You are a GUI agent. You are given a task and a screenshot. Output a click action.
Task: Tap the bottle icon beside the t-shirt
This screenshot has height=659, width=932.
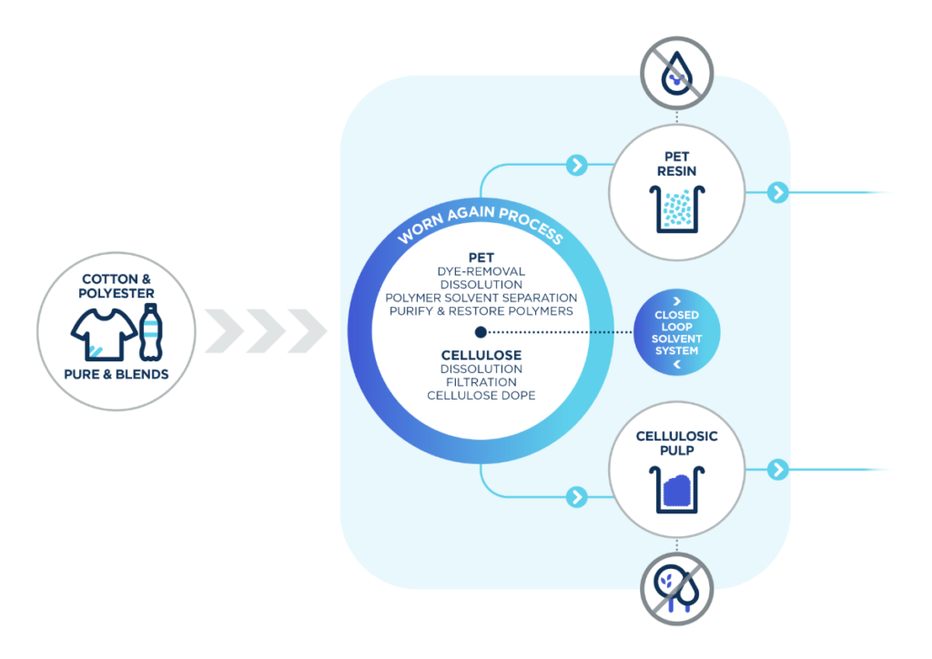click(149, 332)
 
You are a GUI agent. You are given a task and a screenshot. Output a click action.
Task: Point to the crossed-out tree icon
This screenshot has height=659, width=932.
click(677, 588)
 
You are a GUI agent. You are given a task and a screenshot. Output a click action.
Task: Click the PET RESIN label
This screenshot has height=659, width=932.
click(676, 163)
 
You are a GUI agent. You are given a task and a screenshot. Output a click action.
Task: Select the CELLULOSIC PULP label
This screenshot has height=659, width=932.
click(676, 443)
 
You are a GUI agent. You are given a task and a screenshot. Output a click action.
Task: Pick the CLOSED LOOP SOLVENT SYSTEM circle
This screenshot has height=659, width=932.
click(676, 332)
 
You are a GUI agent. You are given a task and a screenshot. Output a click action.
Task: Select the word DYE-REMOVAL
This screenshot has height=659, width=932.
click(481, 271)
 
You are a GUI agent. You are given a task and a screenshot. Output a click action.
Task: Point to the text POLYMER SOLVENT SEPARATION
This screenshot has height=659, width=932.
click(481, 298)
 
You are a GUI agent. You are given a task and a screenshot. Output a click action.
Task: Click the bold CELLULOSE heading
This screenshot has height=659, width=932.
click(481, 354)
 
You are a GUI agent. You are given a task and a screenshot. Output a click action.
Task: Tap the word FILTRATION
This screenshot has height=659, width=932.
click(481, 382)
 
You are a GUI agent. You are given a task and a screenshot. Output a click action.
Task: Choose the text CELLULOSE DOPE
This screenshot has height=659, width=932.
click(481, 396)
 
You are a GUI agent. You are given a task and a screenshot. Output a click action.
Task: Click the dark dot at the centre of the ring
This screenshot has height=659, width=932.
click(481, 332)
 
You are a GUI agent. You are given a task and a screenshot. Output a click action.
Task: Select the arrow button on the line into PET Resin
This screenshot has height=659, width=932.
click(576, 165)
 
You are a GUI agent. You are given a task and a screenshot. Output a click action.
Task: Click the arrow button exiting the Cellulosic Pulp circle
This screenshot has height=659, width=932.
click(776, 470)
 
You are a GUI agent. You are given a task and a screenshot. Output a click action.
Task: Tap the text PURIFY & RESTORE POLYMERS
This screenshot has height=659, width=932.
click(481, 311)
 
